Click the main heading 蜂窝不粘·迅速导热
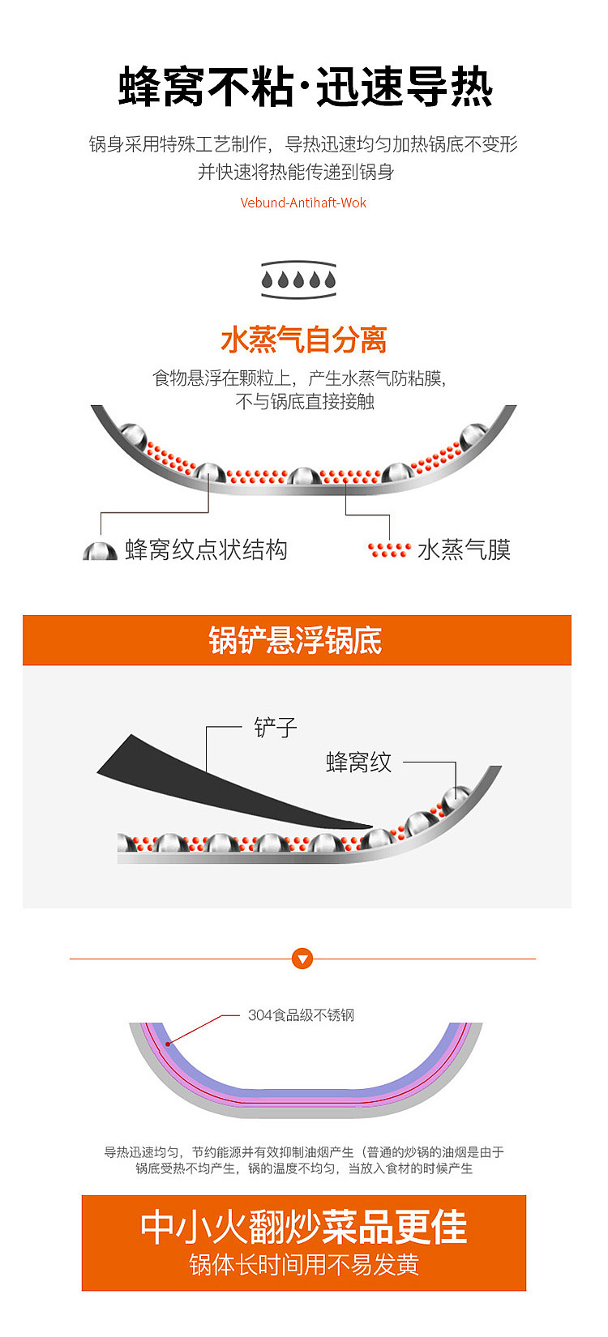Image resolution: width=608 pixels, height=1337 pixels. tap(304, 88)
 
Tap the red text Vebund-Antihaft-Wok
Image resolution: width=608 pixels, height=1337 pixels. tap(303, 203)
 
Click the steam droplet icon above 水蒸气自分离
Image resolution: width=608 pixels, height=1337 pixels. tap(298, 280)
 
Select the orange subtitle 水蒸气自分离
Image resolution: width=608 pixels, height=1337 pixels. tap(303, 340)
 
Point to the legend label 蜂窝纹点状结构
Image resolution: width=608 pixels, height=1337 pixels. tap(206, 549)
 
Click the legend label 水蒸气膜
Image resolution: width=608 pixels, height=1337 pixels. tap(464, 549)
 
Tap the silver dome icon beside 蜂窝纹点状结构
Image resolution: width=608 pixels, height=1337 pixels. tap(100, 551)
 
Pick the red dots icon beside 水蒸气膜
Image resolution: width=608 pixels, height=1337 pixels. tap(389, 550)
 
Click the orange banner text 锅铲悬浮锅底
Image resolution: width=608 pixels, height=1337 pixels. tap(296, 640)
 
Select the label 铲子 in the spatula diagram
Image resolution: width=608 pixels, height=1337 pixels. tap(276, 728)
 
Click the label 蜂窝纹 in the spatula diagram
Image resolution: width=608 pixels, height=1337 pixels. tap(358, 762)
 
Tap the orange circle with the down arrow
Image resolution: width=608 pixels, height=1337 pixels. tap(302, 959)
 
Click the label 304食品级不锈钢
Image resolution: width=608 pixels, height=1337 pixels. tap(301, 1015)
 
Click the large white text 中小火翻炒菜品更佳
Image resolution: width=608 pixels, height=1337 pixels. tap(303, 1227)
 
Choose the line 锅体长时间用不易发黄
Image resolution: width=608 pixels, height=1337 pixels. tap(303, 1265)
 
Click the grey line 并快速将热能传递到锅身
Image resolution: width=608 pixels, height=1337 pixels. tap(296, 172)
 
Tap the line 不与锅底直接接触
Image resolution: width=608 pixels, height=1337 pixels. tap(304, 401)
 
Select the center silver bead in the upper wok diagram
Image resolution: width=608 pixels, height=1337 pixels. tap(305, 476)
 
